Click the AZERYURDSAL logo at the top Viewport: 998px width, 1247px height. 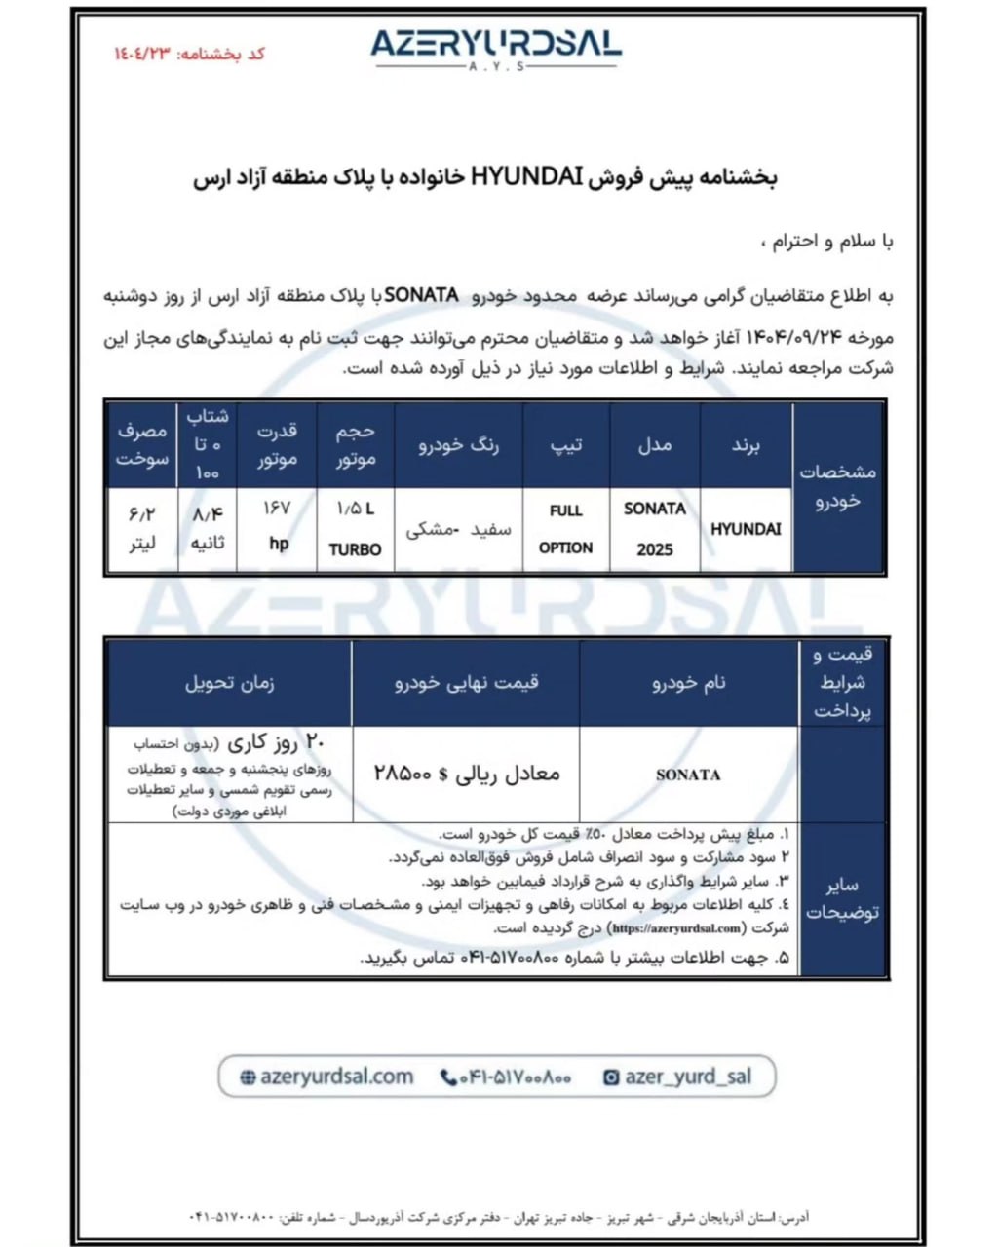pyautogui.click(x=495, y=46)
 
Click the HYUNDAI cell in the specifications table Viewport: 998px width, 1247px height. pyautogui.click(x=746, y=529)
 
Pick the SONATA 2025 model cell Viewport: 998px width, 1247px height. pyautogui.click(x=655, y=528)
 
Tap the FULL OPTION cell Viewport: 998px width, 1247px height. pyautogui.click(x=565, y=528)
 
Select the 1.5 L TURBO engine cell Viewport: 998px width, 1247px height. pyautogui.click(x=356, y=528)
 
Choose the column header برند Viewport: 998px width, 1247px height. pyautogui.click(x=746, y=445)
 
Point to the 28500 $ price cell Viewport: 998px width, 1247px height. pyautogui.click(x=467, y=774)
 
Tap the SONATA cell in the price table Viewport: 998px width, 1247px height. pyautogui.click(x=688, y=775)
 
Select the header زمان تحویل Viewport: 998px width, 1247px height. pyautogui.click(x=229, y=683)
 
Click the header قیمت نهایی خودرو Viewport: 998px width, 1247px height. pyautogui.click(x=467, y=683)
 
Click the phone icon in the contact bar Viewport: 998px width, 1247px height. pyautogui.click(x=448, y=1077)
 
